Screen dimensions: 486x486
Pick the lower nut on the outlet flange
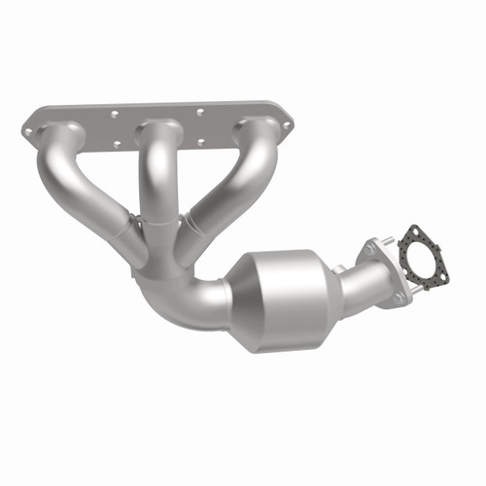[x=398, y=297]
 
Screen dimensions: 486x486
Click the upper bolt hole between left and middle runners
[x=115, y=114]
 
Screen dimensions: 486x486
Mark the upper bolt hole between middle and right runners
[x=200, y=112]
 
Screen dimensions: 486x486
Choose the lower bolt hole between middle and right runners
[x=202, y=142]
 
